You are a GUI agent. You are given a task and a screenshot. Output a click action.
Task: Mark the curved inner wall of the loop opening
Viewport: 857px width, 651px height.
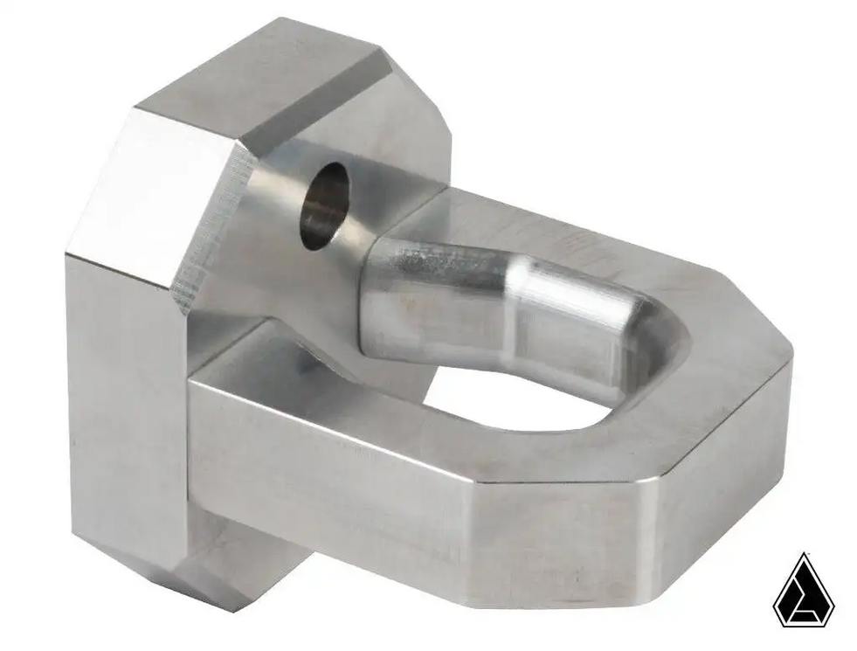664,367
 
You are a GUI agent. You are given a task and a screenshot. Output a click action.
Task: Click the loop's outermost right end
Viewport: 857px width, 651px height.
778,393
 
